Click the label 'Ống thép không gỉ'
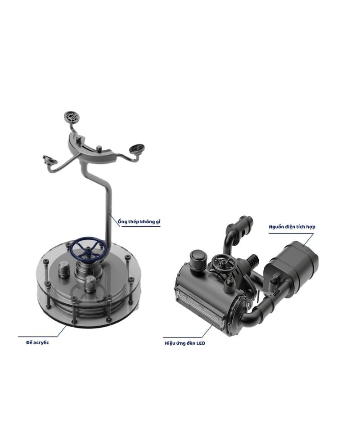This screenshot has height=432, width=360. [x=139, y=221]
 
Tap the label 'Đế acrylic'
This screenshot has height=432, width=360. [x=38, y=342]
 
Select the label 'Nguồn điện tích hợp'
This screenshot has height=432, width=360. [x=292, y=227]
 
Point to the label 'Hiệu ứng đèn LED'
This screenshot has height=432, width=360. [x=185, y=343]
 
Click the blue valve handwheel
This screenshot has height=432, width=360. [x=88, y=247]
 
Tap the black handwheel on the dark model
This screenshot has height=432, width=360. [x=225, y=263]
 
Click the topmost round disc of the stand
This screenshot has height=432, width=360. [x=72, y=117]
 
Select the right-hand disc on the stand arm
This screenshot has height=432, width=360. [x=137, y=148]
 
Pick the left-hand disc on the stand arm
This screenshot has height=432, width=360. [x=49, y=160]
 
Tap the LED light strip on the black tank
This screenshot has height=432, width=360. [x=202, y=306]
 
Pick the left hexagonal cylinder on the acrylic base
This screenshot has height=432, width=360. [x=64, y=270]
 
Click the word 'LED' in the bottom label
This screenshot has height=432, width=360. [x=201, y=343]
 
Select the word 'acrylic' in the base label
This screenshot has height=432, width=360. [x=41, y=343]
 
